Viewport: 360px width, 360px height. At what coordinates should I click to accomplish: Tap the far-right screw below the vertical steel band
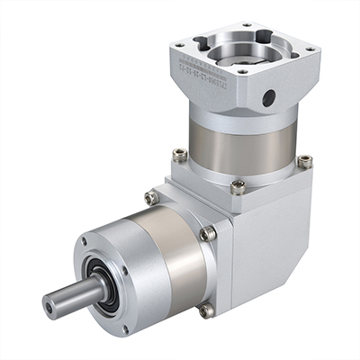point(304,161)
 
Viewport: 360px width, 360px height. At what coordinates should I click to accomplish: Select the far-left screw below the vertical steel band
point(180,155)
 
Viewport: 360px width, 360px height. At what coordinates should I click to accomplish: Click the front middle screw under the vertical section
point(237,187)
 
